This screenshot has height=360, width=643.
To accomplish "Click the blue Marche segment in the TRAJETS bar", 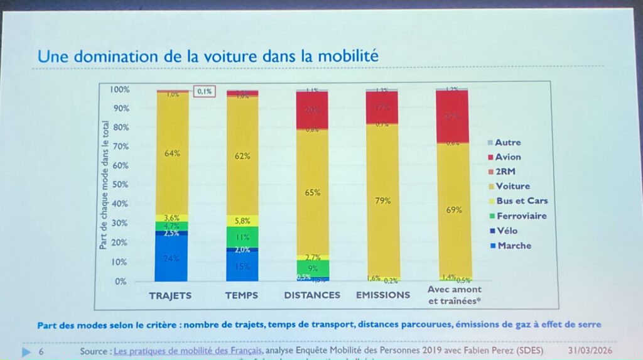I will click(171, 258).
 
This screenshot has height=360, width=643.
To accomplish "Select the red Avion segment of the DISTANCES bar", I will click(312, 111).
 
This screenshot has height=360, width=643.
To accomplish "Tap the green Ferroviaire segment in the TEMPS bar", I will click(242, 237).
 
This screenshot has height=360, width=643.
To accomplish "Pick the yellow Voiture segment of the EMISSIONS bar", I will click(382, 201).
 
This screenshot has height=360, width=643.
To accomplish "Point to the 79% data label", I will click(382, 201).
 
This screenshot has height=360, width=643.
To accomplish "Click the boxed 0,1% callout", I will click(204, 92).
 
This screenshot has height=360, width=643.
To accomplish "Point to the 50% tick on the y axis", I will click(120, 185).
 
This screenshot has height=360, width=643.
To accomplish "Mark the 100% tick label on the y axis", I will click(119, 90).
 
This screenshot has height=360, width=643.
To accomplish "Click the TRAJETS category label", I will click(170, 295).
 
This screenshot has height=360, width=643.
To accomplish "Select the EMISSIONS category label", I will click(382, 295).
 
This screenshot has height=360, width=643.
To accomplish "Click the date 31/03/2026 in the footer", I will click(588, 350).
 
